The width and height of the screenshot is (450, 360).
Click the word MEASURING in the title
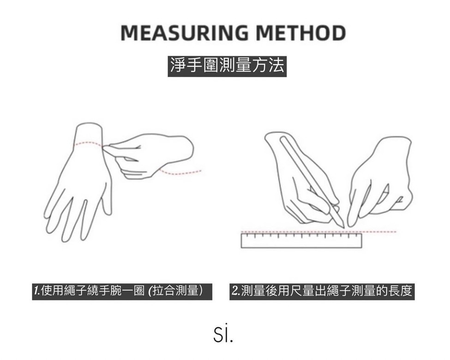tap(185, 33)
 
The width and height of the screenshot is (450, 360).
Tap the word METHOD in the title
tap(301, 33)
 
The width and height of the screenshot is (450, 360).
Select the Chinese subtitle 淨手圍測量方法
tap(227, 66)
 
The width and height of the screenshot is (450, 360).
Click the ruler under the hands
tap(301, 240)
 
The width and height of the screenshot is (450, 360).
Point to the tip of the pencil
tap(344, 228)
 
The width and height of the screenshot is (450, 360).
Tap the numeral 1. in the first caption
tap(37, 291)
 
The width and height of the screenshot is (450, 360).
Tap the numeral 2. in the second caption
tap(236, 291)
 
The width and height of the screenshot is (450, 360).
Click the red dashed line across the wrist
tap(89, 143)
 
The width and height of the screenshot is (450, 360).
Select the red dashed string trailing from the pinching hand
tap(180, 173)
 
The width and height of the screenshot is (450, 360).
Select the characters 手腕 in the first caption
tap(110, 291)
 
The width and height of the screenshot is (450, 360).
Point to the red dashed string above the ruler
tap(318, 231)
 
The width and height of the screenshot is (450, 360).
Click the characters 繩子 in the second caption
tap(339, 291)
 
